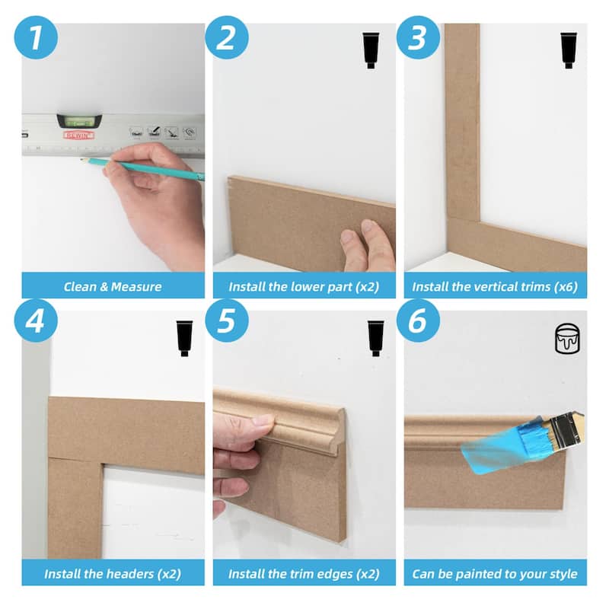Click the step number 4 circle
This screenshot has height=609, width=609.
[x=36, y=320]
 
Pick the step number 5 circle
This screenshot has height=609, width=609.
[x=227, y=320]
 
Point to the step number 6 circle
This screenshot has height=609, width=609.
[x=418, y=320]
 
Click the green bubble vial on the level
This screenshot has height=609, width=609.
[x=80, y=120]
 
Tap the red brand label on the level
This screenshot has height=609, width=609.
[x=78, y=135]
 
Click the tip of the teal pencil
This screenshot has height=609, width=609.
[x=82, y=160]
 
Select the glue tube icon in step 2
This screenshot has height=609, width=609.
[x=371, y=50]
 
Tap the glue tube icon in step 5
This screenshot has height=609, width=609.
[x=375, y=338]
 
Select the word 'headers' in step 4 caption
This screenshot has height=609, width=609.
[x=129, y=573]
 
